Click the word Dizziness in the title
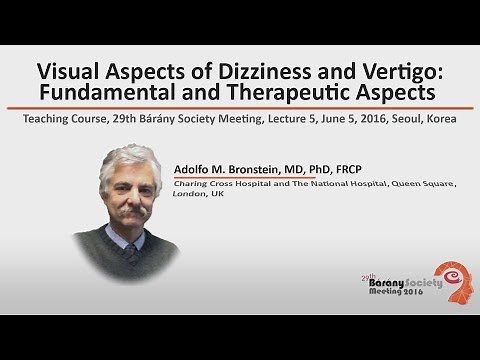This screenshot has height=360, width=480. pos(254,74)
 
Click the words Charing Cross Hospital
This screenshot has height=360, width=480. pos(214,184)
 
